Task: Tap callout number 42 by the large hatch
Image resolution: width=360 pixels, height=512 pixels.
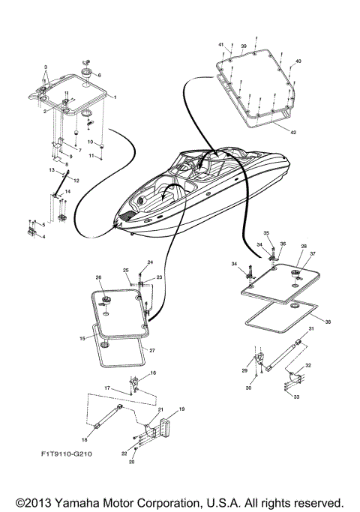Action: tap(293, 132)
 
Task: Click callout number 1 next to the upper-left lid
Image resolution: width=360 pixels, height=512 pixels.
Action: tap(115, 97)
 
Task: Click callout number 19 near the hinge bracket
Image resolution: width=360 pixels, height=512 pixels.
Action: tap(181, 410)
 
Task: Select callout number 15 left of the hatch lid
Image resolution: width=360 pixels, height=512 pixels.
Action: tap(81, 340)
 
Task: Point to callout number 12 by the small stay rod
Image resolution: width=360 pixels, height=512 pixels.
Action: tap(76, 180)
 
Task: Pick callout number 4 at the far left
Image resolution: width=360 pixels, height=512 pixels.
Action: tap(43, 237)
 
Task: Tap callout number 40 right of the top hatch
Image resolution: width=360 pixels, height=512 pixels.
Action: tap(298, 61)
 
